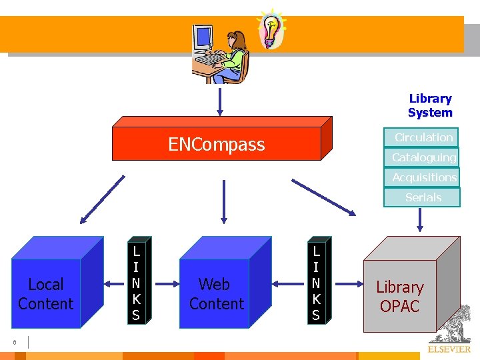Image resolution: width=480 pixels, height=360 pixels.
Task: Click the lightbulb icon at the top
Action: pyautogui.click(x=271, y=29)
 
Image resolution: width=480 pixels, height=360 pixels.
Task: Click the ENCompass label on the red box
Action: pyautogui.click(x=217, y=145)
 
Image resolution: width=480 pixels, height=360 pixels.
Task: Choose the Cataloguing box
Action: pyautogui.click(x=423, y=157)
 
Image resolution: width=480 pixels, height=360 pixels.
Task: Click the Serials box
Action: pyautogui.click(x=423, y=197)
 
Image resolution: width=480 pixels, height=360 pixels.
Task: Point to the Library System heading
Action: pyautogui.click(x=430, y=105)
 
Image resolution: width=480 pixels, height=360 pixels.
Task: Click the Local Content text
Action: pyautogui.click(x=45, y=294)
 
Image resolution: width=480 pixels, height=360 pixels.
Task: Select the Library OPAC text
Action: pyautogui.click(x=400, y=297)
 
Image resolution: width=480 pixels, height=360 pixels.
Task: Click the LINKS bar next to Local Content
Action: pyautogui.click(x=136, y=283)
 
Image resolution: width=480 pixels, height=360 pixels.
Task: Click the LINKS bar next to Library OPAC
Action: pyautogui.click(x=316, y=283)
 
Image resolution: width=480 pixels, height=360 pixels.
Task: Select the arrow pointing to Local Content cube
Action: pyautogui.click(x=102, y=199)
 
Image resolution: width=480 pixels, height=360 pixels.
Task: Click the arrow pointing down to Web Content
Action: pyautogui.click(x=223, y=199)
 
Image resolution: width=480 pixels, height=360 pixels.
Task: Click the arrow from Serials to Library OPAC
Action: pyautogui.click(x=420, y=219)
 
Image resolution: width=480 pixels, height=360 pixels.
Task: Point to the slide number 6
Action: pyautogui.click(x=14, y=343)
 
